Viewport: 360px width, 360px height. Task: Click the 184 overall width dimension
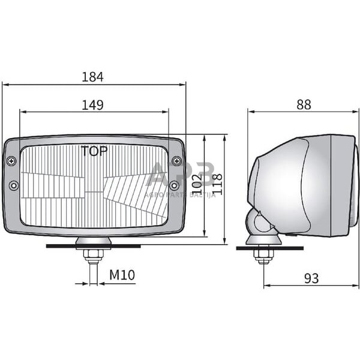click(x=93, y=77)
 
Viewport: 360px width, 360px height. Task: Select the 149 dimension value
click(x=92, y=105)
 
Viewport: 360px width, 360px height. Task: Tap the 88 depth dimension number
click(x=304, y=104)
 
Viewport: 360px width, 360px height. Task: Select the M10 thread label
click(x=122, y=275)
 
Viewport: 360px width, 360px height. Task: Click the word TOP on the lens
click(x=94, y=151)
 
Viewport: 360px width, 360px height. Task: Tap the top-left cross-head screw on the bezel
click(x=11, y=161)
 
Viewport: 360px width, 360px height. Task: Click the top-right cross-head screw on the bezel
click(x=176, y=161)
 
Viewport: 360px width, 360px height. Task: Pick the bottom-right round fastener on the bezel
click(x=174, y=185)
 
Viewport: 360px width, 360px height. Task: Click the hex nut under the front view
click(x=92, y=255)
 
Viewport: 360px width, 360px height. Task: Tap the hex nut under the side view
click(x=263, y=256)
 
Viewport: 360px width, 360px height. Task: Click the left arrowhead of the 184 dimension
click(x=5, y=85)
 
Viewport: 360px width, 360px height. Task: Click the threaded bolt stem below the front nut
click(x=92, y=273)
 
